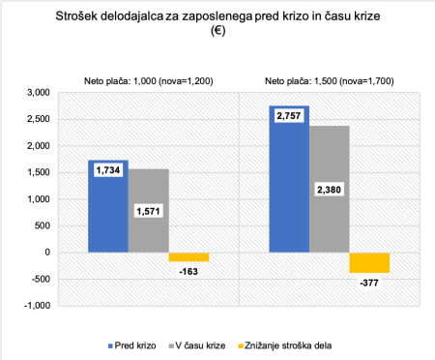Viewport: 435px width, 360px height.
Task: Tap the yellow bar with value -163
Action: coord(188,256)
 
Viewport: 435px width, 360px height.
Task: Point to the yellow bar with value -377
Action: coord(369,262)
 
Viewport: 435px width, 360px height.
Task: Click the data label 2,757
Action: coord(289,116)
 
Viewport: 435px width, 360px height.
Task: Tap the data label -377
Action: coord(370,284)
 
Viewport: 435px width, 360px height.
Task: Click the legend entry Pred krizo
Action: coord(131,344)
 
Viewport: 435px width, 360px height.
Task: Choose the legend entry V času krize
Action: coord(201,344)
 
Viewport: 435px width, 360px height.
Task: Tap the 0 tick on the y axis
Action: coord(43,252)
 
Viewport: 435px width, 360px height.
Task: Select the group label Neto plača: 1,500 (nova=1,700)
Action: coord(329,81)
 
